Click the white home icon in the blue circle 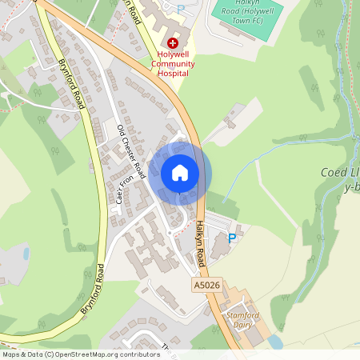[180, 173]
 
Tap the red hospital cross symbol [172, 42]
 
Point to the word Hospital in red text [173, 73]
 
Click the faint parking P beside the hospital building [180, 9]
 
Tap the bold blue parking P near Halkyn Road [232, 238]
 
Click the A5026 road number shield [206, 284]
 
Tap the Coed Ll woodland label [341, 172]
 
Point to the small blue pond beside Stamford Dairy [276, 342]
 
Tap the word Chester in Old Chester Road [130, 149]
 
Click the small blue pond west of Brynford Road [26, 254]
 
